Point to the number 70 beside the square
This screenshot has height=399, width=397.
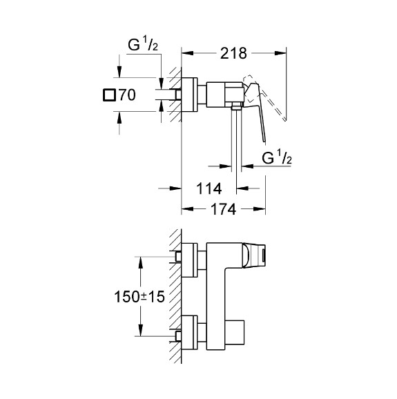click(x=126, y=95)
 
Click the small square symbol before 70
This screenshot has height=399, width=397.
click(x=109, y=95)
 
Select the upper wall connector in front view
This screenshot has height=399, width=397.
click(x=188, y=257)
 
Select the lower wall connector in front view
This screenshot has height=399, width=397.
click(x=188, y=333)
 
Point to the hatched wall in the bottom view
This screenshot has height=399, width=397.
click(x=176, y=297)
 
